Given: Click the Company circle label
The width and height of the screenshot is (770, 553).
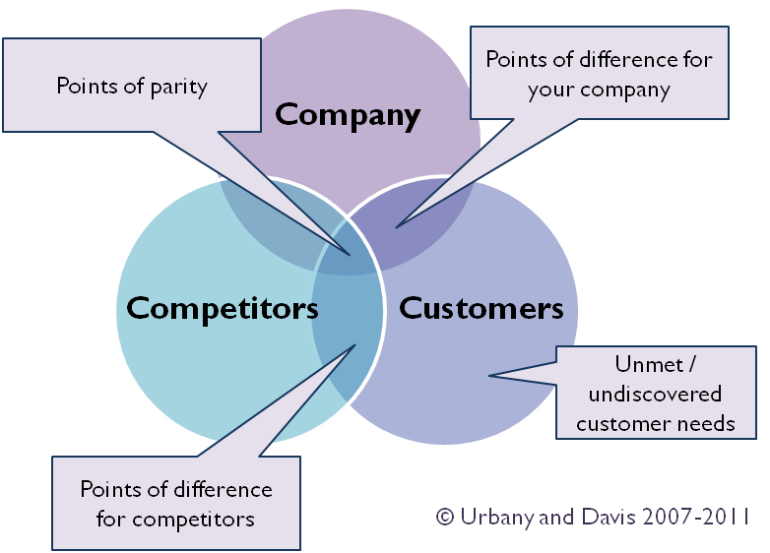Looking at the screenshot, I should tap(348, 115).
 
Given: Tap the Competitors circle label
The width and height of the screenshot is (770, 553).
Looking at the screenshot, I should tap(223, 308).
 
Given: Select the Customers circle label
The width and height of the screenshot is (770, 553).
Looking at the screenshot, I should tap(481, 308).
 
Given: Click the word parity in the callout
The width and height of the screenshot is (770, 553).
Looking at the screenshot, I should tap(180, 86).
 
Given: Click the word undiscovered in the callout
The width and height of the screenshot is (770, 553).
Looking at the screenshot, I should tap(655, 395).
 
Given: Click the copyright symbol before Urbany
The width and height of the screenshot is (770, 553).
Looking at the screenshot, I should tap(445, 517).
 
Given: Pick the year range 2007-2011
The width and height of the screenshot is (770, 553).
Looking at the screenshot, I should tap(692, 516).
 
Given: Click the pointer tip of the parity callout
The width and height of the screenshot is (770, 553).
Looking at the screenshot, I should tap(350, 255).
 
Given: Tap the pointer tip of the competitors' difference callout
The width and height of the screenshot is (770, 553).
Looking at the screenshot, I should tap(354, 344).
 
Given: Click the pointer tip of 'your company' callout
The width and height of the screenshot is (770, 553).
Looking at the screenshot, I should tap(397, 228).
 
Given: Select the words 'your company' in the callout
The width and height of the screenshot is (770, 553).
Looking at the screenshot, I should tap(599, 91).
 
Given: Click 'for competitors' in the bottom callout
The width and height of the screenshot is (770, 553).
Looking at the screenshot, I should tap(175, 519).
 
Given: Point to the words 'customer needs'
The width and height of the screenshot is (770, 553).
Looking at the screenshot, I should tap(655, 424).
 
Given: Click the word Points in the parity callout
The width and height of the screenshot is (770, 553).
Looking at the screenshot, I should tap(86, 86).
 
